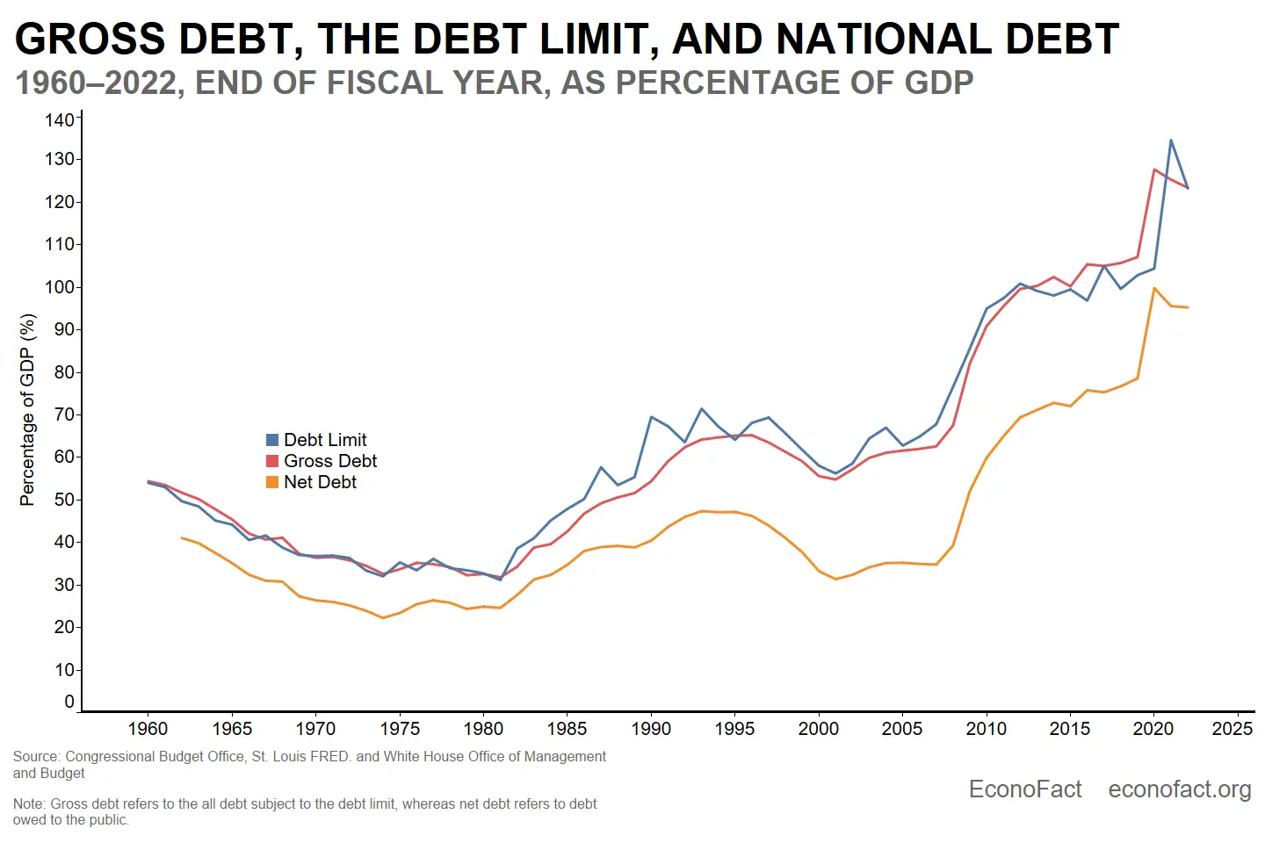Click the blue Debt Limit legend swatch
(x=272, y=440)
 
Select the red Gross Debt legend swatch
(x=272, y=461)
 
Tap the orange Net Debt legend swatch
(x=272, y=482)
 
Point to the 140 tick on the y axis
(x=60, y=119)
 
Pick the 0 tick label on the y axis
(x=69, y=702)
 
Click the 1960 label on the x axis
(x=148, y=729)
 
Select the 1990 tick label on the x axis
(x=651, y=729)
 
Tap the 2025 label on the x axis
(x=1232, y=729)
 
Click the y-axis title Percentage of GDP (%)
(x=27, y=409)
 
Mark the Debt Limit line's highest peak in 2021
(x=1171, y=140)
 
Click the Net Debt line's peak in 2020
(x=1154, y=288)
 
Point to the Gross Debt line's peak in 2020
(x=1154, y=169)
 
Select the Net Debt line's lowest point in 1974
(x=383, y=617)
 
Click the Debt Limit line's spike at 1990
(x=651, y=417)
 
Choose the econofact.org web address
(x=1180, y=789)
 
